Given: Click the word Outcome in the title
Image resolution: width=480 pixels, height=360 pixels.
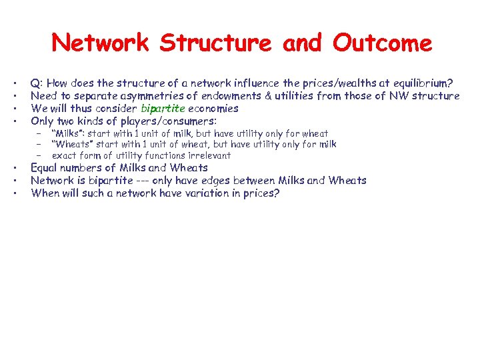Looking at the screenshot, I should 383,44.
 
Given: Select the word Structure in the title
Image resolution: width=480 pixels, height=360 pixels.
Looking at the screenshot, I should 215,44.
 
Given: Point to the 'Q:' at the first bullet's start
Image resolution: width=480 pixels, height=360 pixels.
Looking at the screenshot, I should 37,83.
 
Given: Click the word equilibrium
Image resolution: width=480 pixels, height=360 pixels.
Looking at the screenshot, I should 419,83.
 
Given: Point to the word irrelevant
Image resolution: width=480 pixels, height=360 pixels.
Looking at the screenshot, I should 208,155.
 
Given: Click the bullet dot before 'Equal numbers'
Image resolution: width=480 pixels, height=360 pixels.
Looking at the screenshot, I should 14,168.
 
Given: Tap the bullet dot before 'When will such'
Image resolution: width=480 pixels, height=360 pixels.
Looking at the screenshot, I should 14,194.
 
